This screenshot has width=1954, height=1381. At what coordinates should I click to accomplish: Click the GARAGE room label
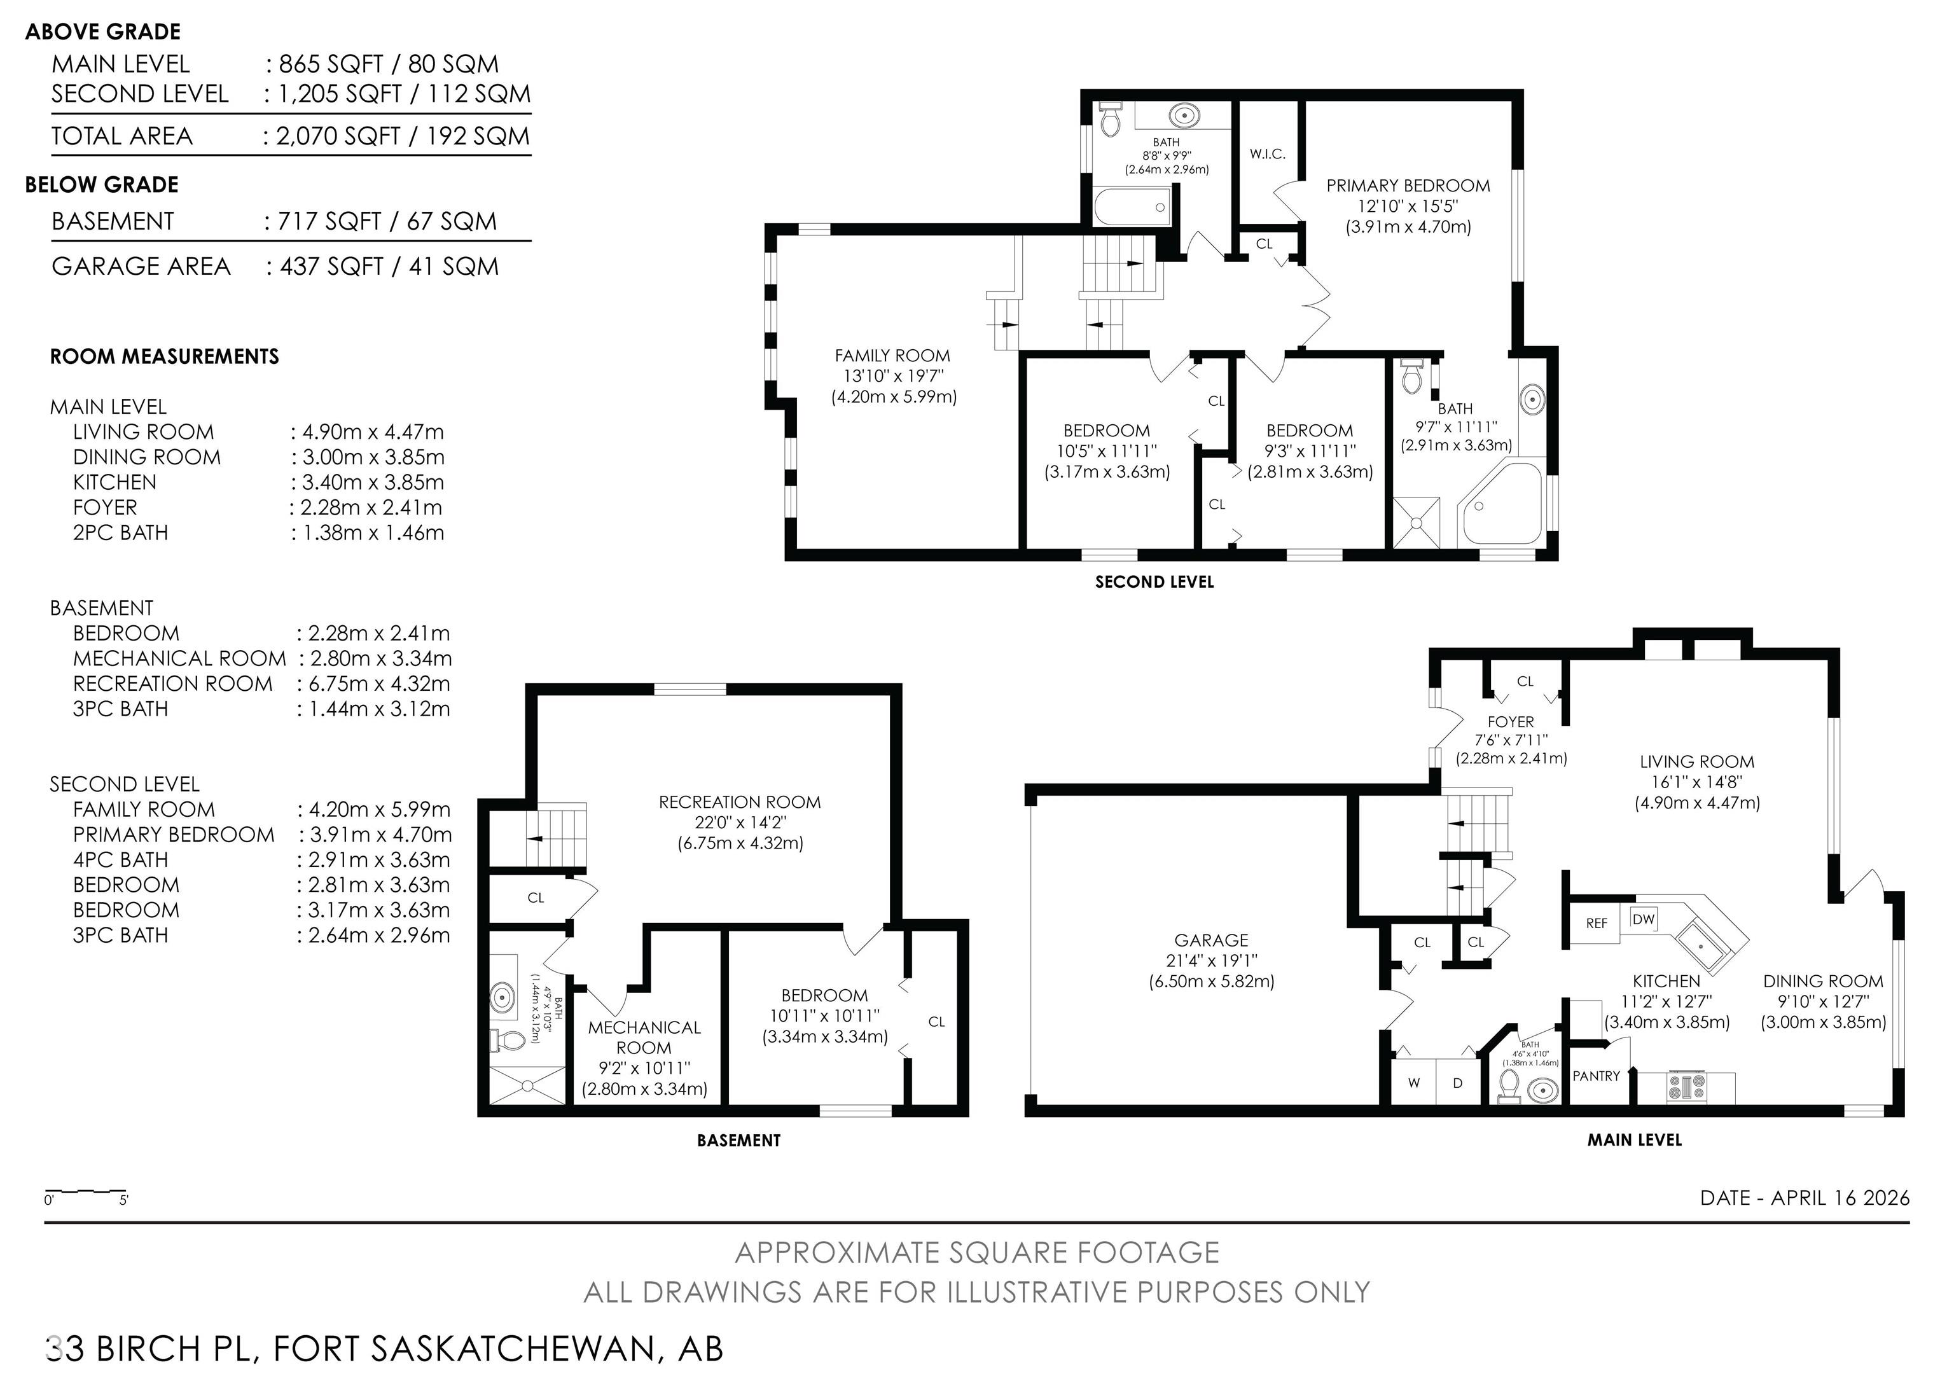(x=1211, y=940)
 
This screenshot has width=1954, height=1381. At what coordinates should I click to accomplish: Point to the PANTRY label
(x=1596, y=1076)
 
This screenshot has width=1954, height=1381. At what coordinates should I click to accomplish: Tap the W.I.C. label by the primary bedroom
(x=1267, y=154)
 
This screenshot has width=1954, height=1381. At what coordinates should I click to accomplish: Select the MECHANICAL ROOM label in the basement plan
(x=644, y=1037)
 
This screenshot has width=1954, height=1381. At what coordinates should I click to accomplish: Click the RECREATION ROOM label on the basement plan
(x=740, y=802)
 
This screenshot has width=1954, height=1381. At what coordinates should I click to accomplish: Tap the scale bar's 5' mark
(x=124, y=1200)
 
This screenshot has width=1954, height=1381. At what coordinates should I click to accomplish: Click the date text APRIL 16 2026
(x=1840, y=1198)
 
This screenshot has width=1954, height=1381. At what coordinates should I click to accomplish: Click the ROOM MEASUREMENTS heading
(x=164, y=356)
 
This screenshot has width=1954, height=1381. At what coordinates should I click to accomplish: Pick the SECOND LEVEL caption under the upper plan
(x=1154, y=582)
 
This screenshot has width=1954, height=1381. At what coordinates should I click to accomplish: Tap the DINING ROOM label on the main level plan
(x=1823, y=981)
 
